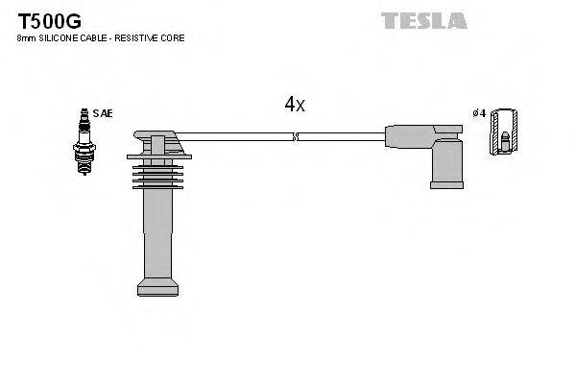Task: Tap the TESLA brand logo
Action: (x=423, y=20)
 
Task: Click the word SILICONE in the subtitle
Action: (x=60, y=38)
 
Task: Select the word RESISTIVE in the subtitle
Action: (x=140, y=38)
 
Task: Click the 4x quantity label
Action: (x=294, y=105)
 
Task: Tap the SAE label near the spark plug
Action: (x=104, y=112)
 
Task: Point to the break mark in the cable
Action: (x=296, y=136)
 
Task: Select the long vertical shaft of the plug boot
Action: (x=156, y=235)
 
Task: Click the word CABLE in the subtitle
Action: (x=97, y=38)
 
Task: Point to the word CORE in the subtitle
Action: (x=173, y=38)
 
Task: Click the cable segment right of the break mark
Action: (x=341, y=136)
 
